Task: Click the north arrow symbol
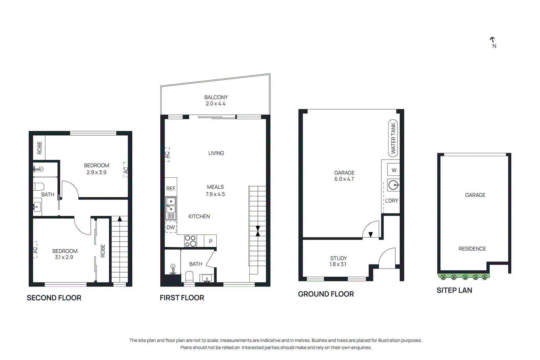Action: [x=492, y=40]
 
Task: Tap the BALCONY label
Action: [x=216, y=97]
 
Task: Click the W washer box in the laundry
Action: [x=394, y=170]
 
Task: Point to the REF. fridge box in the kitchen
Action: [x=171, y=188]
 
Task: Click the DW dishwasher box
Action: [x=171, y=227]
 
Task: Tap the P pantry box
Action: [x=210, y=241]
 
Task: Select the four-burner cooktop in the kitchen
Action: [x=190, y=241]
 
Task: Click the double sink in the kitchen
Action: [x=171, y=205]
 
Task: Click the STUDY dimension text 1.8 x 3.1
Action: [x=338, y=264]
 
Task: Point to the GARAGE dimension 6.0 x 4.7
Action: [x=344, y=179]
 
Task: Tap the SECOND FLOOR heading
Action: [x=54, y=298]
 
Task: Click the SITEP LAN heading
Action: [x=454, y=290]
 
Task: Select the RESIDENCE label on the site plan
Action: [x=472, y=249]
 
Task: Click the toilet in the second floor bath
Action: [x=39, y=187]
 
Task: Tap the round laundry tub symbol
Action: [x=393, y=185]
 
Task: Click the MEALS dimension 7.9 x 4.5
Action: [x=215, y=194]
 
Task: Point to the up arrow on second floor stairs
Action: [x=119, y=219]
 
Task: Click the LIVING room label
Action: [x=216, y=153]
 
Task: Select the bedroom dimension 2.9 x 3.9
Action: [x=96, y=172]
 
